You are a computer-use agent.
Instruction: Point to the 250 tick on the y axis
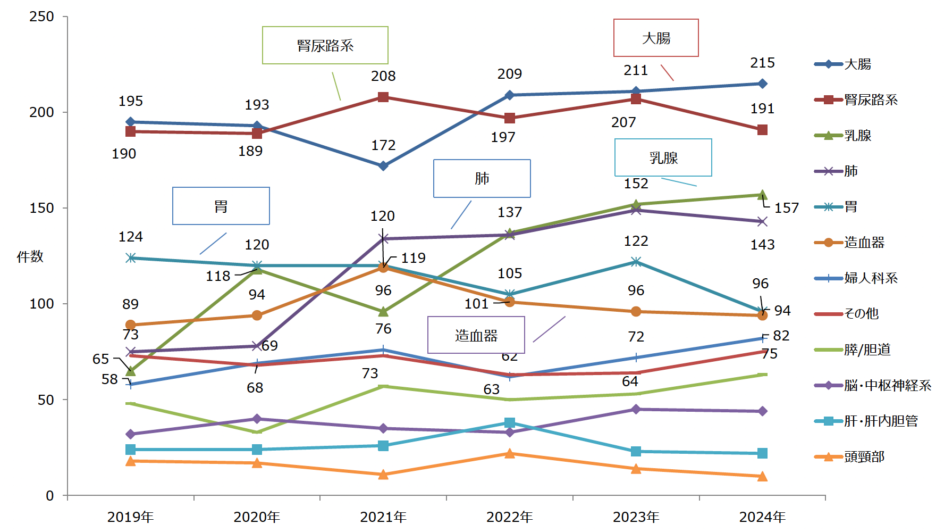pyautogui.click(x=42, y=16)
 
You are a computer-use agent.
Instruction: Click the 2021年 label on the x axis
pyautogui.click(x=383, y=517)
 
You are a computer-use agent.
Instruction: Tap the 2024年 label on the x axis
pyautogui.click(x=762, y=517)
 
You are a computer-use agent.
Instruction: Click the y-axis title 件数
pyautogui.click(x=30, y=256)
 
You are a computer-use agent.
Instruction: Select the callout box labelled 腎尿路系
pyautogui.click(x=325, y=45)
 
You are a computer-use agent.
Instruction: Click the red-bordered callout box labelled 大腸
pyautogui.click(x=656, y=38)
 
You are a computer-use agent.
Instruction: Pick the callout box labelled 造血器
pyautogui.click(x=476, y=335)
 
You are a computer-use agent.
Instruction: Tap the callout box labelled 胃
pyautogui.click(x=221, y=206)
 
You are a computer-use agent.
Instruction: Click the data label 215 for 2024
pyautogui.click(x=762, y=63)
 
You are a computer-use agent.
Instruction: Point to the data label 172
pyautogui.click(x=383, y=145)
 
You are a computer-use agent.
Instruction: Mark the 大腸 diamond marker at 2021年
pyautogui.click(x=383, y=166)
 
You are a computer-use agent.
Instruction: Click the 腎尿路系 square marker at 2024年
pyautogui.click(x=762, y=130)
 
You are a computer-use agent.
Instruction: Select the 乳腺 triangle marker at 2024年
pyautogui.click(x=762, y=195)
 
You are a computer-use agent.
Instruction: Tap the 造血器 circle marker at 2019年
pyautogui.click(x=131, y=325)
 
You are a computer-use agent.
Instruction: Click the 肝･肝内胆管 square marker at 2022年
pyautogui.click(x=510, y=423)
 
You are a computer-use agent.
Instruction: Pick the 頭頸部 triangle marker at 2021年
pyautogui.click(x=383, y=474)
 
